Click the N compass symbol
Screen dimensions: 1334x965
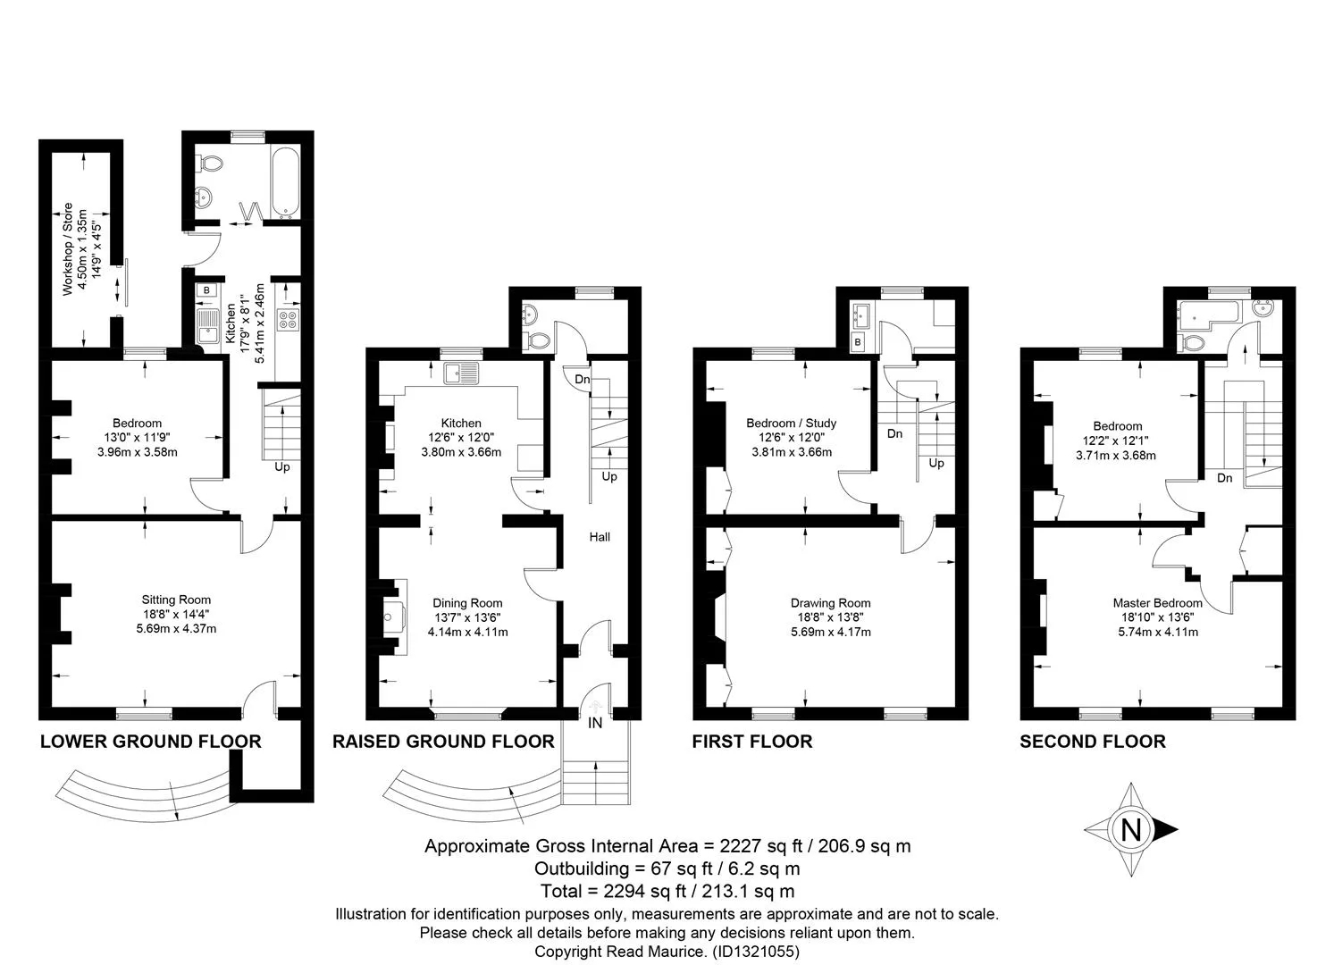coord(1131,830)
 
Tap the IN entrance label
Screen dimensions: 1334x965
coord(595,723)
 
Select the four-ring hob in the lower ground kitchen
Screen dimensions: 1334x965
coord(289,319)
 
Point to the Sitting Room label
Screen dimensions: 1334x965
coord(176,600)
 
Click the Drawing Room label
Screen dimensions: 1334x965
coord(831,603)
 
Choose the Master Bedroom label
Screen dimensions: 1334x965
coord(1158,603)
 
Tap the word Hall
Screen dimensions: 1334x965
coord(600,537)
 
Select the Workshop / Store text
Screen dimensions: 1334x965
coord(67,249)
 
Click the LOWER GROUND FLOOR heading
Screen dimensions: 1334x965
coord(151,742)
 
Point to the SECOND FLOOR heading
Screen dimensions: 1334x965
coord(1093,742)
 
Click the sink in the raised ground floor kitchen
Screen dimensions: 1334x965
coord(461,373)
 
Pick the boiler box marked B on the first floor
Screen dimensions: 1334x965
coord(858,342)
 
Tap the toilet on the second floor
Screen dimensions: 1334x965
coord(1190,342)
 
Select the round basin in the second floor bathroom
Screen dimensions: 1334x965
coord(1263,309)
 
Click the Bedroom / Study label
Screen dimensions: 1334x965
coord(792,424)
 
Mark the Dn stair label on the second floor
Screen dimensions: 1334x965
coord(1224,478)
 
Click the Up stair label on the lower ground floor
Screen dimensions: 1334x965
coord(282,466)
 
